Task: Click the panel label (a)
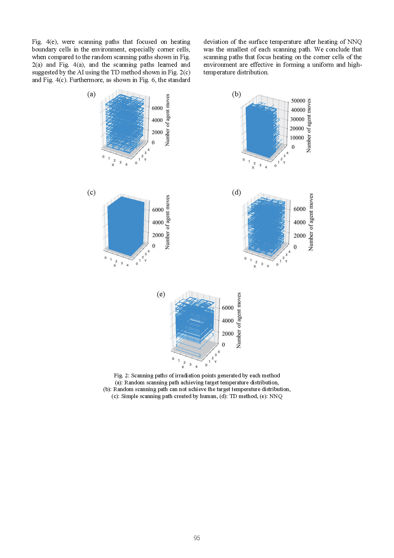point(91,94)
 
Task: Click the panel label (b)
point(237,94)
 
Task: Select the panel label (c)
point(91,192)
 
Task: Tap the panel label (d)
point(237,192)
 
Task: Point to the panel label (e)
point(161,294)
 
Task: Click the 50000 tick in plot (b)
point(298,101)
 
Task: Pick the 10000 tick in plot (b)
point(297,138)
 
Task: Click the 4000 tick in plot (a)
point(157,120)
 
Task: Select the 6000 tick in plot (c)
point(158,210)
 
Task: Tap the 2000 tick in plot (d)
point(299,236)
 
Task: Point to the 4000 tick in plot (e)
point(228,321)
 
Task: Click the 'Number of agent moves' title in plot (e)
point(239,320)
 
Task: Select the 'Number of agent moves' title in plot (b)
point(309,126)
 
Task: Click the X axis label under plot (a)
point(113,165)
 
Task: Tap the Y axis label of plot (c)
point(145,261)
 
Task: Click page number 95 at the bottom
point(197,538)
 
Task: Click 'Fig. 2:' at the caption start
point(122,375)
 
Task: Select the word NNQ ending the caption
point(276,396)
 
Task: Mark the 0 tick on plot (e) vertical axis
point(223,345)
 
